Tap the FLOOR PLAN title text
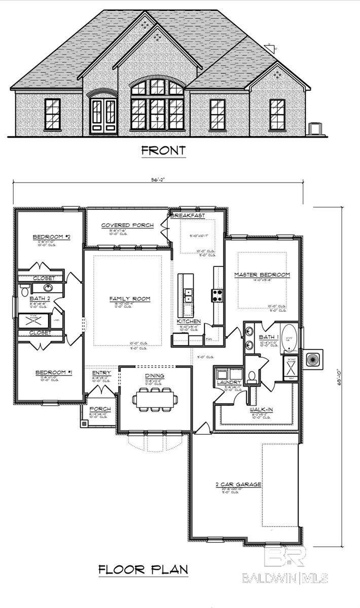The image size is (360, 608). coord(143,569)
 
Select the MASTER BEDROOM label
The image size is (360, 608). coord(262,275)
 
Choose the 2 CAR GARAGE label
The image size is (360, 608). coord(238,484)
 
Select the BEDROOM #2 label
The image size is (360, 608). coord(50,237)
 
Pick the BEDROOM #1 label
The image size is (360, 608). coord(53,373)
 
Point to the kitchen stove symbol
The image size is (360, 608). coord(218,295)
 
